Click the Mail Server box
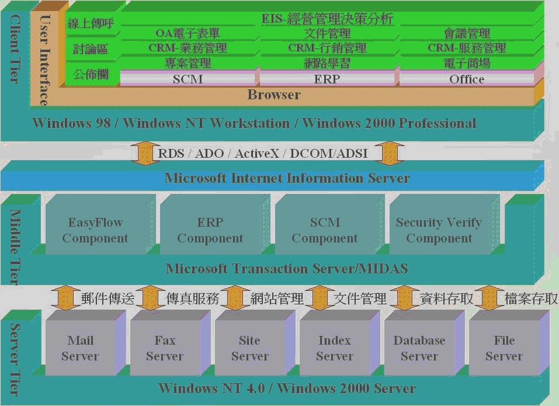click(80, 348)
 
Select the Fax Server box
click(165, 348)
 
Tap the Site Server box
click(249, 348)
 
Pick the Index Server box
click(334, 348)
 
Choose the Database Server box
click(419, 348)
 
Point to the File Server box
click(504, 348)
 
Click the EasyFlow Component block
click(95, 230)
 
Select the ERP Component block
click(210, 230)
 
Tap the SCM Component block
click(325, 230)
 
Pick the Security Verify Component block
click(439, 230)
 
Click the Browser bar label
click(274, 95)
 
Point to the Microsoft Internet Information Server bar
click(287, 178)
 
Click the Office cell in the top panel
click(467, 79)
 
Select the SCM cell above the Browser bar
click(188, 79)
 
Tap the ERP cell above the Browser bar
click(327, 79)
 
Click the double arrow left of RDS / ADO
click(144, 153)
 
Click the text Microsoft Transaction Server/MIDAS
click(287, 269)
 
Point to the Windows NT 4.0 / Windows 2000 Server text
click(287, 388)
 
